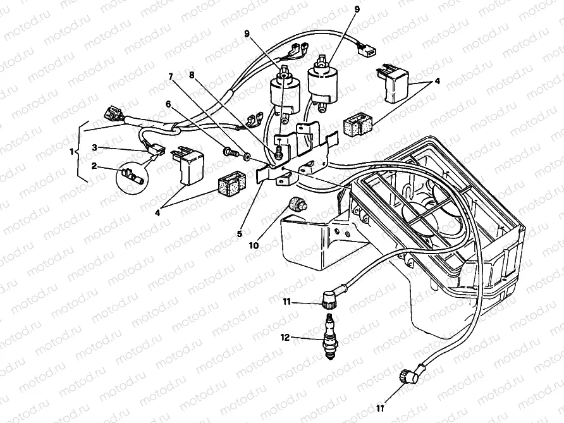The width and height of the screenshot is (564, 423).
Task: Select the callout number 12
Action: [285, 338]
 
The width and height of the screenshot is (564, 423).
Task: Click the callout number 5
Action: [240, 233]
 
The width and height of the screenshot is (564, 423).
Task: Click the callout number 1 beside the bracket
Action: [72, 152]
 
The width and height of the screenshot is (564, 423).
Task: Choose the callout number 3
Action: [94, 147]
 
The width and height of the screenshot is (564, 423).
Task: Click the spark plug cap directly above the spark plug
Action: [331, 298]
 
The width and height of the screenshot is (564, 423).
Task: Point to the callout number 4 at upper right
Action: [437, 82]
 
